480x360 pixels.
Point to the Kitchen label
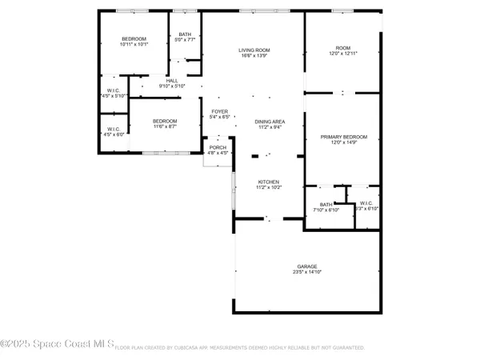point(268,182)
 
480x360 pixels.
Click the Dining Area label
point(270,121)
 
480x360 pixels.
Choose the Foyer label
point(220,111)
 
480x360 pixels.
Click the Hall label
point(172,81)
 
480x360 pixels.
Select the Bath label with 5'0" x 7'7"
point(185,34)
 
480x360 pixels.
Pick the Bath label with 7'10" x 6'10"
point(325,205)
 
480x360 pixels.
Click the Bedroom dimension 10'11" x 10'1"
point(134,45)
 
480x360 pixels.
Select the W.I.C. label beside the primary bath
point(367,205)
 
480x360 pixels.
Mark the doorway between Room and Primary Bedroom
point(344,93)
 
